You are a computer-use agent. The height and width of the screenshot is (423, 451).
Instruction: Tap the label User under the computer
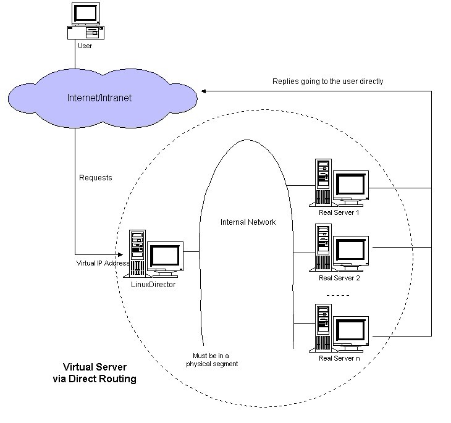(x=85, y=46)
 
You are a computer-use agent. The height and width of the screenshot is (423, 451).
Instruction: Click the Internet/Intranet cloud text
(x=100, y=98)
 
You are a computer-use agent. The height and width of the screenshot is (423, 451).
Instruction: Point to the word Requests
(x=96, y=178)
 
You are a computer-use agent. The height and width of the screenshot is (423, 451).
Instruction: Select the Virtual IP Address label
(x=103, y=262)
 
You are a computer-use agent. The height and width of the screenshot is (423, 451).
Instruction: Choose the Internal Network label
(x=248, y=222)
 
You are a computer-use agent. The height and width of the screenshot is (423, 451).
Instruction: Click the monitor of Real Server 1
(x=350, y=184)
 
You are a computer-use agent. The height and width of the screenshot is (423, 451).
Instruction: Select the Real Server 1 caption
(x=339, y=212)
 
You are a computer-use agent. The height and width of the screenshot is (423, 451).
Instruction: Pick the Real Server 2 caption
(x=339, y=277)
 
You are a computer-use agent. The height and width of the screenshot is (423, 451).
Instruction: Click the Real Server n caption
(x=339, y=358)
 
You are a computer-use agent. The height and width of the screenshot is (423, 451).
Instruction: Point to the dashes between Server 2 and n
(x=338, y=295)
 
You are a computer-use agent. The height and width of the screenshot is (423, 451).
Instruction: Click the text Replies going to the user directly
(x=328, y=81)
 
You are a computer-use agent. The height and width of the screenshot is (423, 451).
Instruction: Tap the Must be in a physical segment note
(x=212, y=360)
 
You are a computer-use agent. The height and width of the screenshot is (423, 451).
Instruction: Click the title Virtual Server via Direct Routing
(x=95, y=373)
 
